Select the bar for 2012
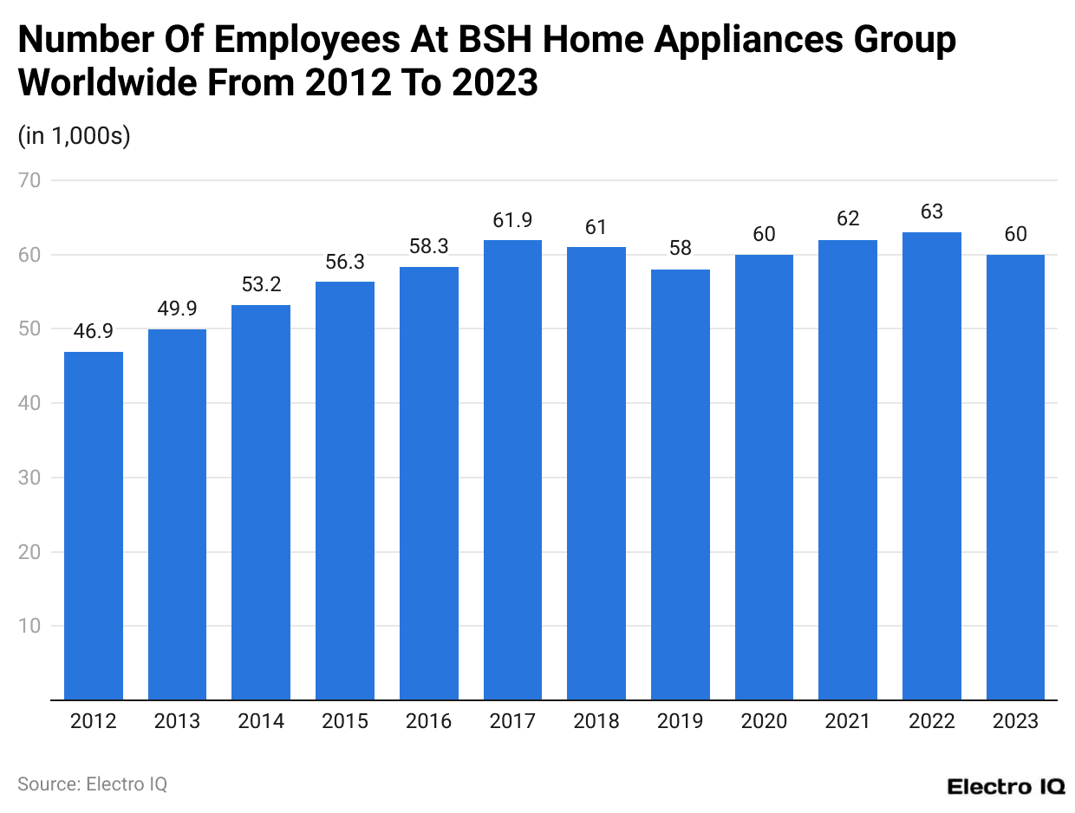point(94,525)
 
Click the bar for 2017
point(512,470)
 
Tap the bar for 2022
point(932,465)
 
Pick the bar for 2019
point(681,485)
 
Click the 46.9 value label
point(94,331)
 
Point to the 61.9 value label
point(512,220)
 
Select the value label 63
point(932,212)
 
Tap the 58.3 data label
point(429,247)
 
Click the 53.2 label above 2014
point(261,284)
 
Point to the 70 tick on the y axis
point(33,181)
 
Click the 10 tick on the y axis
point(33,626)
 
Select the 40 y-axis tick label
point(33,403)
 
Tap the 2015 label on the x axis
point(345,721)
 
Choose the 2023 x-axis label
point(1015,721)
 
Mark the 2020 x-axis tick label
point(764,721)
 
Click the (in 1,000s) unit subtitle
point(75,137)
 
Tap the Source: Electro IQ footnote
point(92,784)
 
